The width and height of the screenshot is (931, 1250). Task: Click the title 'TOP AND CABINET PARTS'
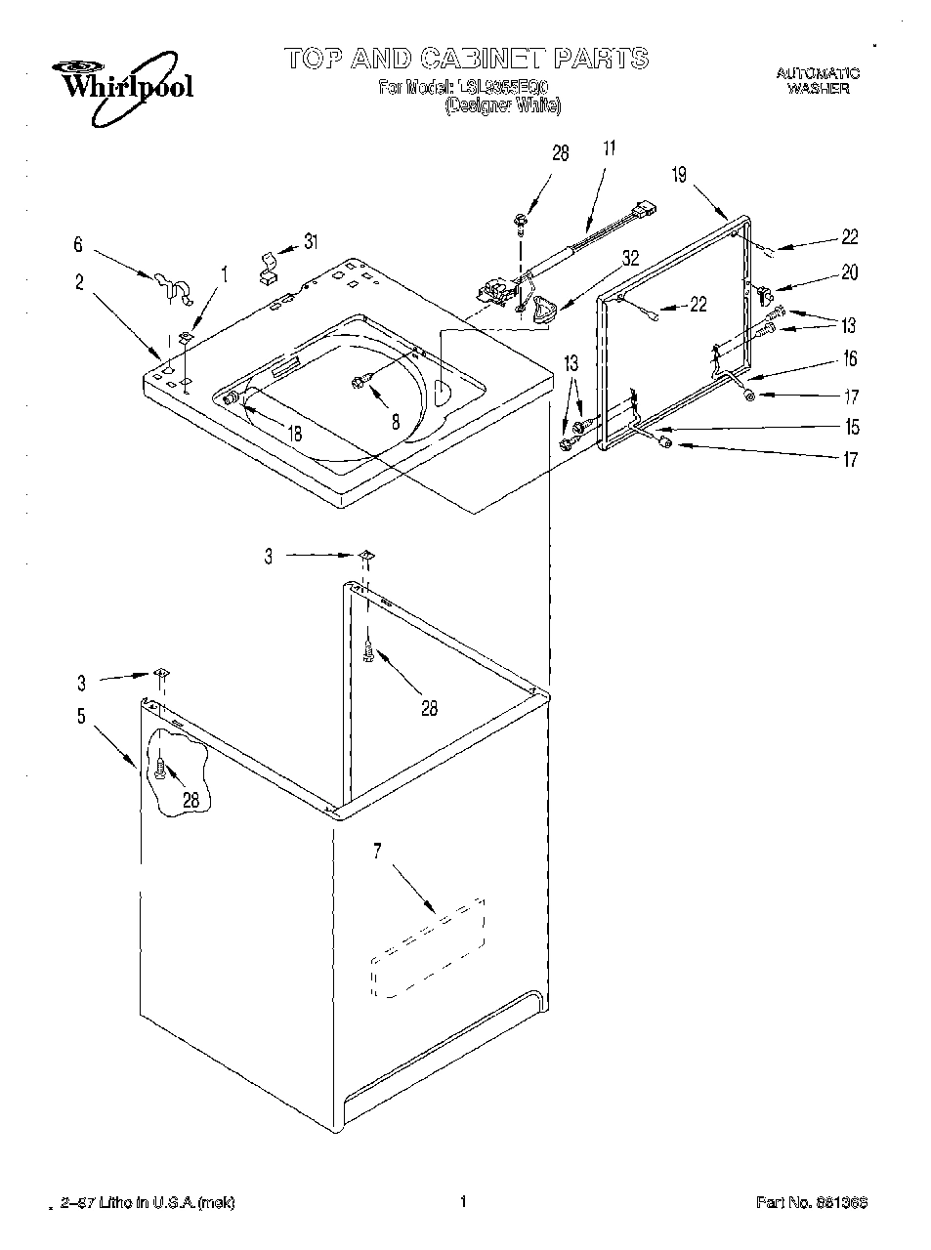[x=467, y=59]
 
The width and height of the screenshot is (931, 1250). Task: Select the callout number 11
[x=609, y=149]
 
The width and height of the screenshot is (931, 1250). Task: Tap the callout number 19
[x=679, y=176]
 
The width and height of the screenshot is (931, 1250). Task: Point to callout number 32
[x=630, y=259]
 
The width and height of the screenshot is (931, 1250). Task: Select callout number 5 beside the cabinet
[x=81, y=716]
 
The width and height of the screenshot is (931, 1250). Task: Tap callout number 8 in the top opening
[x=396, y=422]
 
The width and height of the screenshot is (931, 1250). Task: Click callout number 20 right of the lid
[x=849, y=273]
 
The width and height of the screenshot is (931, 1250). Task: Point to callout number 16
[x=850, y=359]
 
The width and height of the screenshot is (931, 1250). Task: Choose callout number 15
[x=852, y=427]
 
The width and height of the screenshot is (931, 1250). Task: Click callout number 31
[x=310, y=241]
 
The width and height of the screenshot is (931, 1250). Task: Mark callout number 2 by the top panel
[x=79, y=283]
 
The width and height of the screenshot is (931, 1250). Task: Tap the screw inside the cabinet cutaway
[x=158, y=770]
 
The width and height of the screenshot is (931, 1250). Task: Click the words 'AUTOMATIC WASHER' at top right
[x=818, y=80]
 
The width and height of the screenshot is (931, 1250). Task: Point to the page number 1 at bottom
[x=463, y=1202]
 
